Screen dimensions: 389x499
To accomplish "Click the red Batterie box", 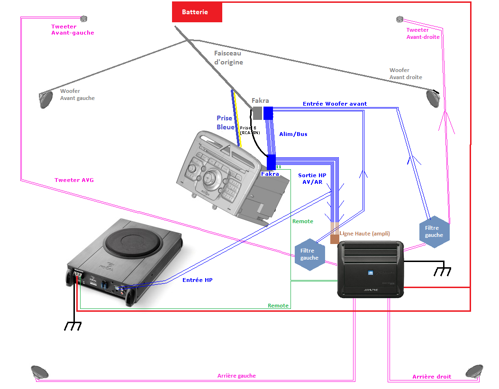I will coord(197,12).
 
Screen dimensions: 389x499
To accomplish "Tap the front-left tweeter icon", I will coord(84,19).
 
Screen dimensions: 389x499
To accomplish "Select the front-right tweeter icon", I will coord(399,19).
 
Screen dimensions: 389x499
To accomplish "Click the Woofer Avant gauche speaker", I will coord(45,100).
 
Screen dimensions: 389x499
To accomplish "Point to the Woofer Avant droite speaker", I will coord(433,98).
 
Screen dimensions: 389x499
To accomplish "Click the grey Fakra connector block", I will coord(256,113).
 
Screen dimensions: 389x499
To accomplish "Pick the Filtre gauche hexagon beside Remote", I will coord(309,254).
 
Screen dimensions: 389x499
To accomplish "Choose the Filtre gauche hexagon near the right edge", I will coord(434,232).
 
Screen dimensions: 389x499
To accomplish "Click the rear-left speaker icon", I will coord(39,372).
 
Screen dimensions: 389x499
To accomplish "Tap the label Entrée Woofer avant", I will coord(335,104).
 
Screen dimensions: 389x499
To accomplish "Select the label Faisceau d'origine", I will coord(228,58).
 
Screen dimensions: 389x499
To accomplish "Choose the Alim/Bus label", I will coord(293,134).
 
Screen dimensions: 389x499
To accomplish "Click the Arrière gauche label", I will coord(236,376).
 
